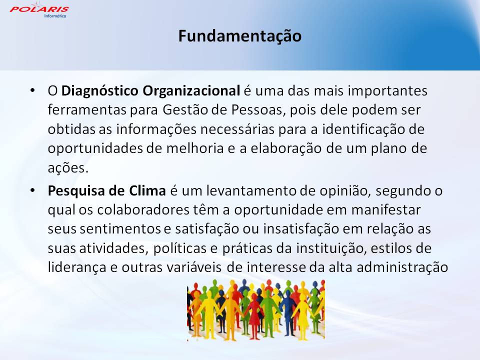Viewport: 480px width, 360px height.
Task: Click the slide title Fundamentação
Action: coord(240,36)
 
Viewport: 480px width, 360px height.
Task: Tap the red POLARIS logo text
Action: coord(39,9)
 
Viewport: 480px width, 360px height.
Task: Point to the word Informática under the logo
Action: coord(55,16)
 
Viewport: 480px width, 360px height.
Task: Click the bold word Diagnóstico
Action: coord(100,91)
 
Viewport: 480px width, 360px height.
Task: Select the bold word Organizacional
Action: coord(191,91)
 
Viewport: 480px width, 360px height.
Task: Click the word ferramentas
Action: coord(87,110)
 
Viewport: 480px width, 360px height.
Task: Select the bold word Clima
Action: coord(147,190)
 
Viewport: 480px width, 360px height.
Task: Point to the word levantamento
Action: coord(251,190)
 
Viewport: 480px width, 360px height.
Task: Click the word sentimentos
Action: coord(120,229)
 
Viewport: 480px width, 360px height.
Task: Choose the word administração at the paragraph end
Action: coord(402,267)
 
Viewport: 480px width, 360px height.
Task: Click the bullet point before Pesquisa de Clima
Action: coord(33,190)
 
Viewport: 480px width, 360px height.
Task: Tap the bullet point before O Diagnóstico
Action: coord(33,90)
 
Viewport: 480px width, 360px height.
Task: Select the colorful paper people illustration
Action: coord(256,310)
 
